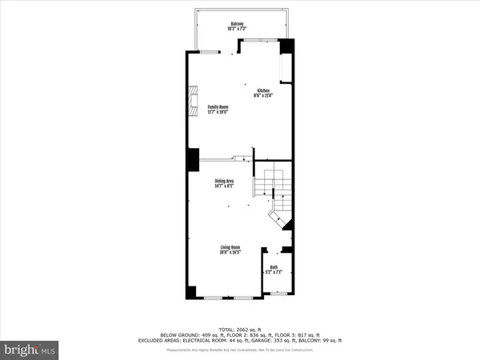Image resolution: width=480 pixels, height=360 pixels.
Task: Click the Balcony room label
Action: point(238,24)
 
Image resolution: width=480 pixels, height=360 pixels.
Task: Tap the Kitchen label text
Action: point(263,90)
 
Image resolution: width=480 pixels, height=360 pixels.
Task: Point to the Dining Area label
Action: point(224,182)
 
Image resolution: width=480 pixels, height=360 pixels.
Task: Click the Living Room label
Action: point(231,249)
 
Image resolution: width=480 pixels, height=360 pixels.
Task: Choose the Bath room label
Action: point(274,267)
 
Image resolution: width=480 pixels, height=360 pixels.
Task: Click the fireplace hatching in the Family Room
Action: point(190,101)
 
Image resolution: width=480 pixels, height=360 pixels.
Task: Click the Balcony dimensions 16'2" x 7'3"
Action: point(238,29)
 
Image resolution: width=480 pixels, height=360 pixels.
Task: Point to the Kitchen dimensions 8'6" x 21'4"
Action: point(263,95)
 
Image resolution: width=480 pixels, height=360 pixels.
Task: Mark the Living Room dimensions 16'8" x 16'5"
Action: point(231,254)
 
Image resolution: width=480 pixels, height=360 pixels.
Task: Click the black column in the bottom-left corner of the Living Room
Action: point(190,293)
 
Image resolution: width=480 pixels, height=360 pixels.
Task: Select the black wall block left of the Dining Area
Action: point(193,159)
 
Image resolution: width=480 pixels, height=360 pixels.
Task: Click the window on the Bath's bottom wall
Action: point(278,295)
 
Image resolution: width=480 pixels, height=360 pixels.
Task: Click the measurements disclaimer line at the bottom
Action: point(240,350)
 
